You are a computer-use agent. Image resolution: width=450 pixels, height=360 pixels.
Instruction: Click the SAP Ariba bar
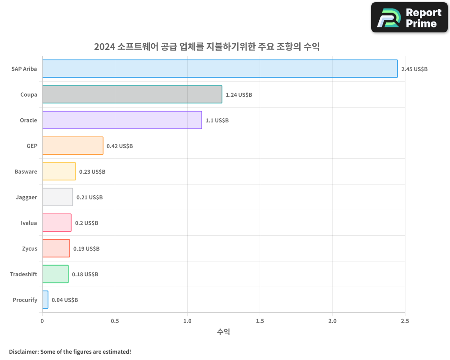[x=220, y=69]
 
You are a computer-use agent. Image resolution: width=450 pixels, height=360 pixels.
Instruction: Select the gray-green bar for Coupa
[x=132, y=94]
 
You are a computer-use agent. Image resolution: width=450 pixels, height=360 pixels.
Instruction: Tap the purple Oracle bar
[x=122, y=120]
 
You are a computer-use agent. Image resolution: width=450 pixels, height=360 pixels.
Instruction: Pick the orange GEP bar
[x=73, y=146]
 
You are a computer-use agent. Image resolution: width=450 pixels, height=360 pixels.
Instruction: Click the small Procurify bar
[x=45, y=300]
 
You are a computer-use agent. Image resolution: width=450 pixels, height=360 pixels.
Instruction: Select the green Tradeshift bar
[x=55, y=274]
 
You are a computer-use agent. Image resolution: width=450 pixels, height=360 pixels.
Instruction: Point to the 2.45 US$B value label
[x=414, y=69]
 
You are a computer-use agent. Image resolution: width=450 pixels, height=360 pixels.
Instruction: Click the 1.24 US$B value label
[x=239, y=95]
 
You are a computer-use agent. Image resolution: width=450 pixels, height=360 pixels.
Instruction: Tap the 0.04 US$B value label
[x=65, y=300]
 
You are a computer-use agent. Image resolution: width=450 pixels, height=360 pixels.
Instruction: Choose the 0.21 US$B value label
[x=90, y=198]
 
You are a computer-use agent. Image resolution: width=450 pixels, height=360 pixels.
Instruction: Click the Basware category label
[x=26, y=171]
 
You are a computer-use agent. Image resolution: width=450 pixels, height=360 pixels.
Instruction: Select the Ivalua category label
[x=29, y=223]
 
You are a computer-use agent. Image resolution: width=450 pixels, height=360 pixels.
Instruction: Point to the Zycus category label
[x=30, y=248]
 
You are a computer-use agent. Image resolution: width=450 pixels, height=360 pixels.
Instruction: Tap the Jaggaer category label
[x=27, y=197]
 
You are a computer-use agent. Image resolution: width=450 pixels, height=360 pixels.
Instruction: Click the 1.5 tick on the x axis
[x=260, y=321]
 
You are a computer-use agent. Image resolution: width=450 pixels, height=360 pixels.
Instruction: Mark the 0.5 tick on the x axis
[x=115, y=321]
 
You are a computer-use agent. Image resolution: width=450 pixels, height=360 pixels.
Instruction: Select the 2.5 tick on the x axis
[x=405, y=321]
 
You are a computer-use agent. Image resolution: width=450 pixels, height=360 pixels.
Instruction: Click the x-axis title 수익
[x=224, y=332]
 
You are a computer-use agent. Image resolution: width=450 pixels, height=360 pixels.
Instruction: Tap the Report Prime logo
[x=409, y=18]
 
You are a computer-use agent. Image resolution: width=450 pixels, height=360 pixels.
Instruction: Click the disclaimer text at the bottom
[x=70, y=351]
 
